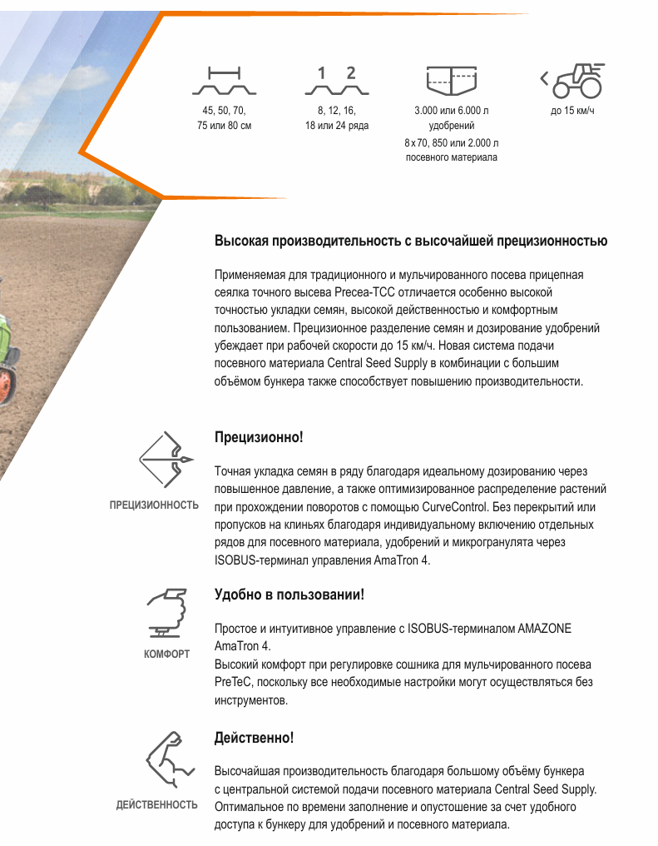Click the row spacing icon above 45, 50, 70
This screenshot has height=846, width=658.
[224, 82]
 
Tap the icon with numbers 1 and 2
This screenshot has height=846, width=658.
[336, 82]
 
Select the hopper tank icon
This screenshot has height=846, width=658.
[451, 80]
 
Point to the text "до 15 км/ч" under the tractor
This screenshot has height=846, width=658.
[573, 111]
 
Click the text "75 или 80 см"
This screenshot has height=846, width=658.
[224, 126]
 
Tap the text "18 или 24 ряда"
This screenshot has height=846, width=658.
[337, 126]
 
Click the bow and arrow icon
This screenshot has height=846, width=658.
[166, 460]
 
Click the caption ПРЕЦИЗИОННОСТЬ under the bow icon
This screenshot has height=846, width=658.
[154, 505]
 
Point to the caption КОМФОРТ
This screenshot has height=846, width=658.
[166, 654]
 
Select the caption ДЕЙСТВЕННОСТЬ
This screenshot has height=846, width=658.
[156, 804]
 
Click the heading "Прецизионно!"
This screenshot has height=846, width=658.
[259, 437]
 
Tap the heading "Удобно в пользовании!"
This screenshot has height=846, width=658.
[289, 595]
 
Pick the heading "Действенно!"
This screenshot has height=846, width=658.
[254, 738]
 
